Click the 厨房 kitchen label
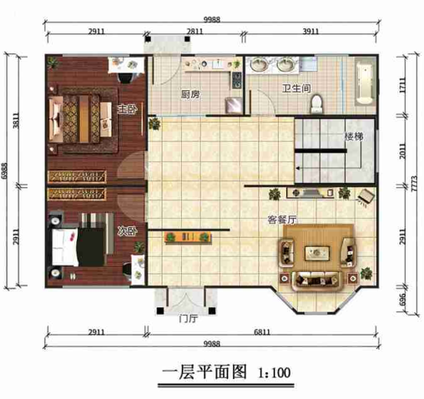190,94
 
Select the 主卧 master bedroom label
126,109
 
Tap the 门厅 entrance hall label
187,316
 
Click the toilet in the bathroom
316,101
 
